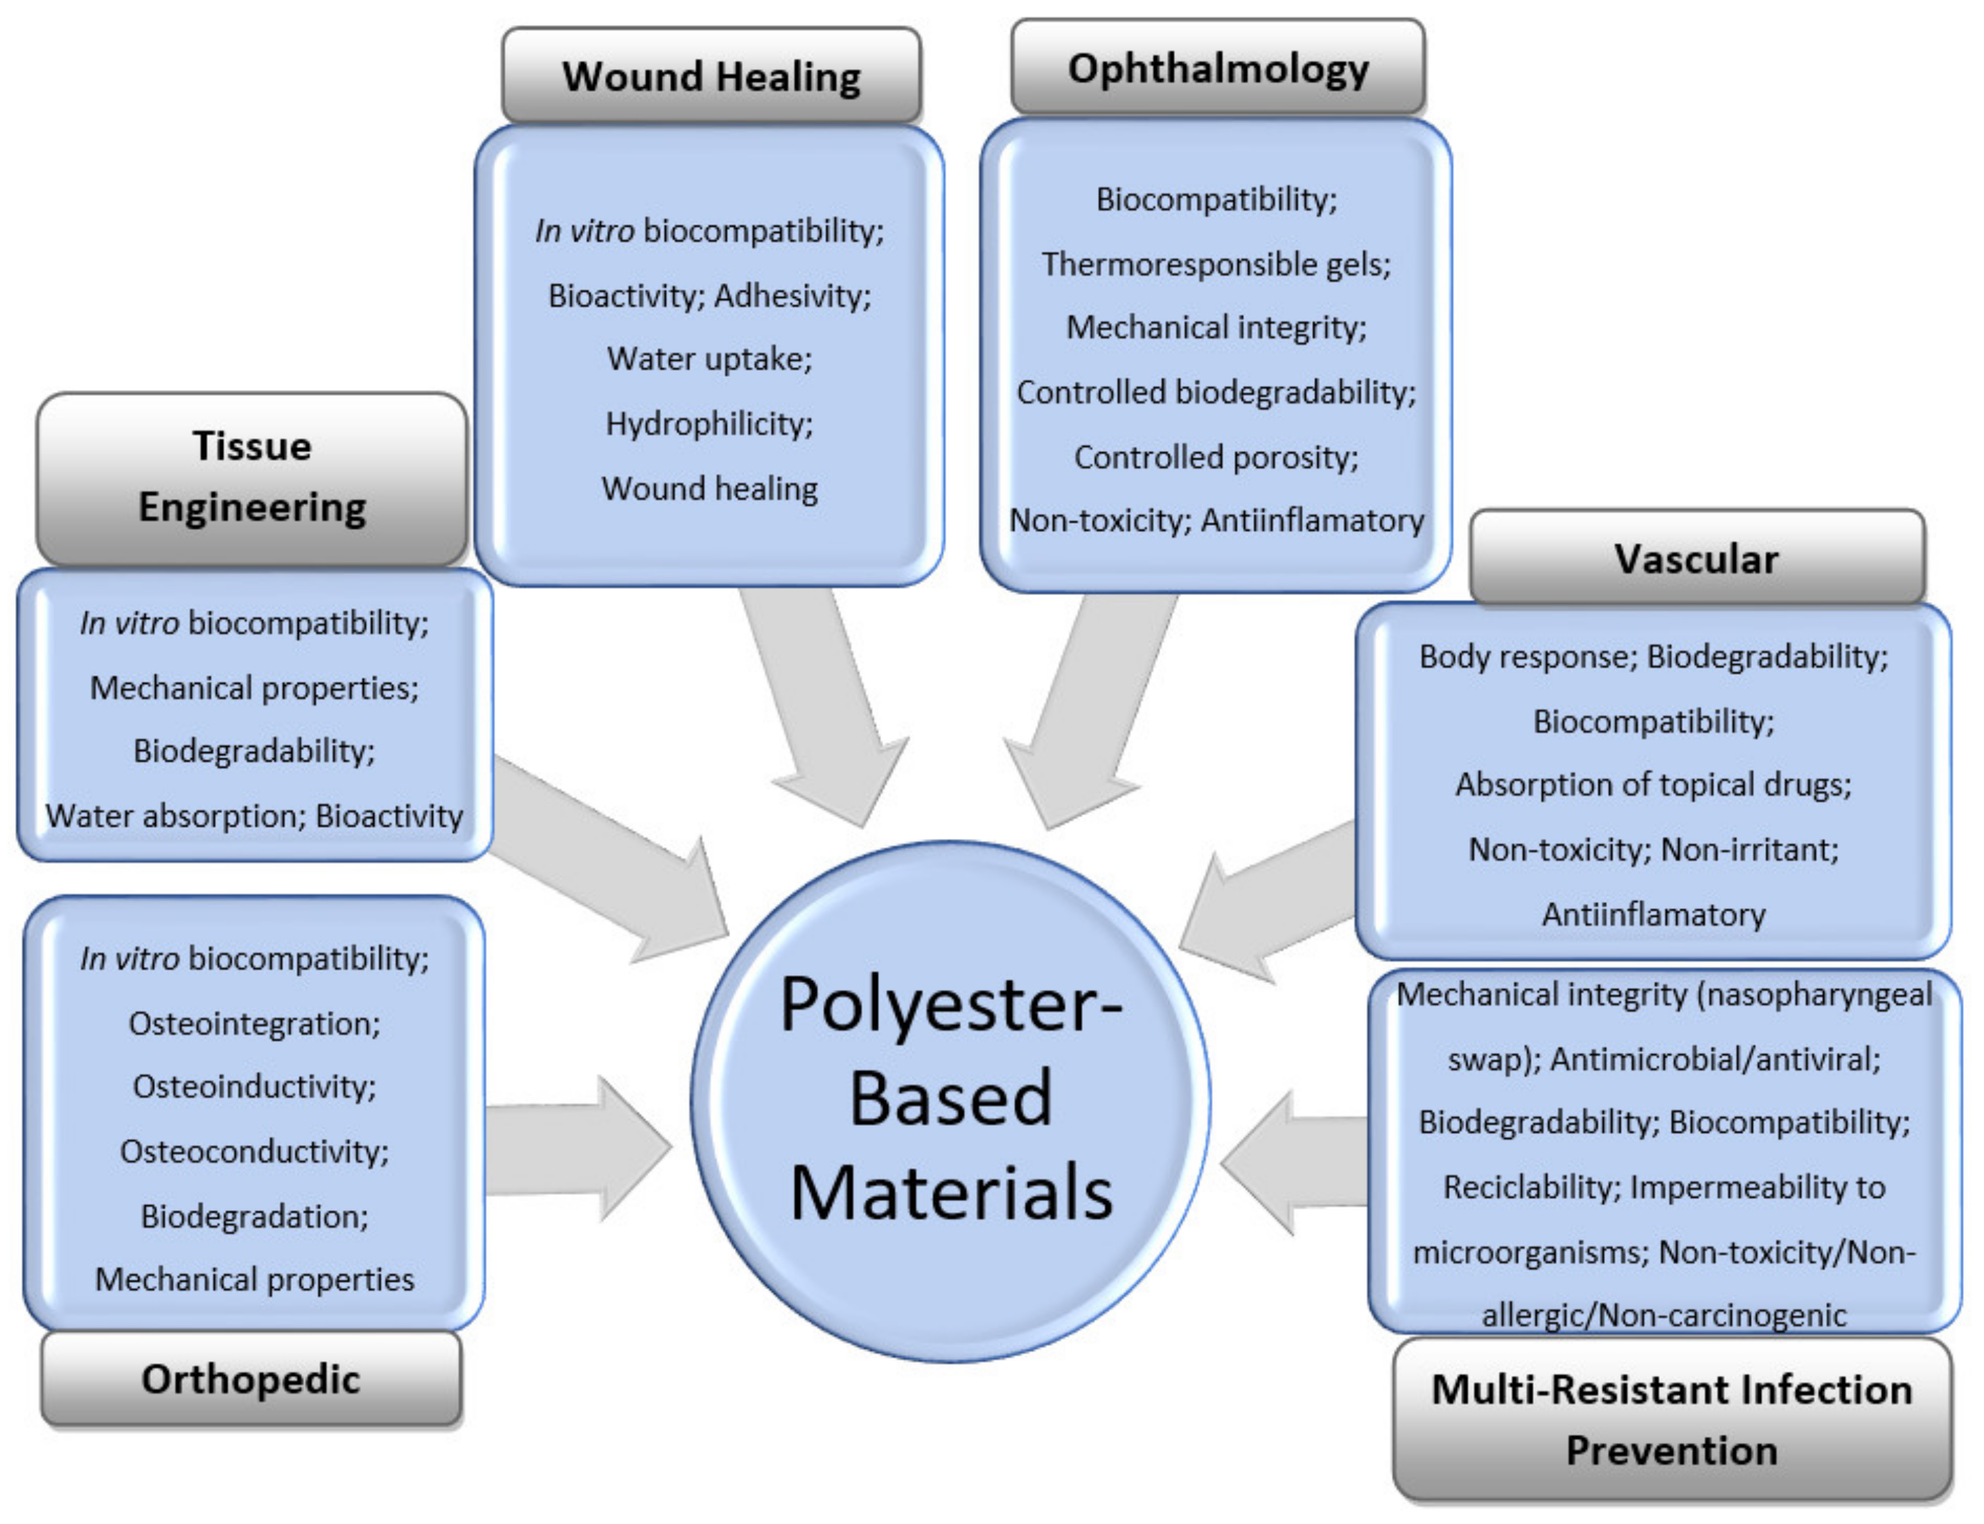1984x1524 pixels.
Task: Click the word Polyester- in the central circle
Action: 950,1005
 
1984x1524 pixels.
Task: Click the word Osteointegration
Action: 254,1023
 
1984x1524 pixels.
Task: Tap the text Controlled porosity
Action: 1216,457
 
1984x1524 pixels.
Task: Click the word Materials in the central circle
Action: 950,1194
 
